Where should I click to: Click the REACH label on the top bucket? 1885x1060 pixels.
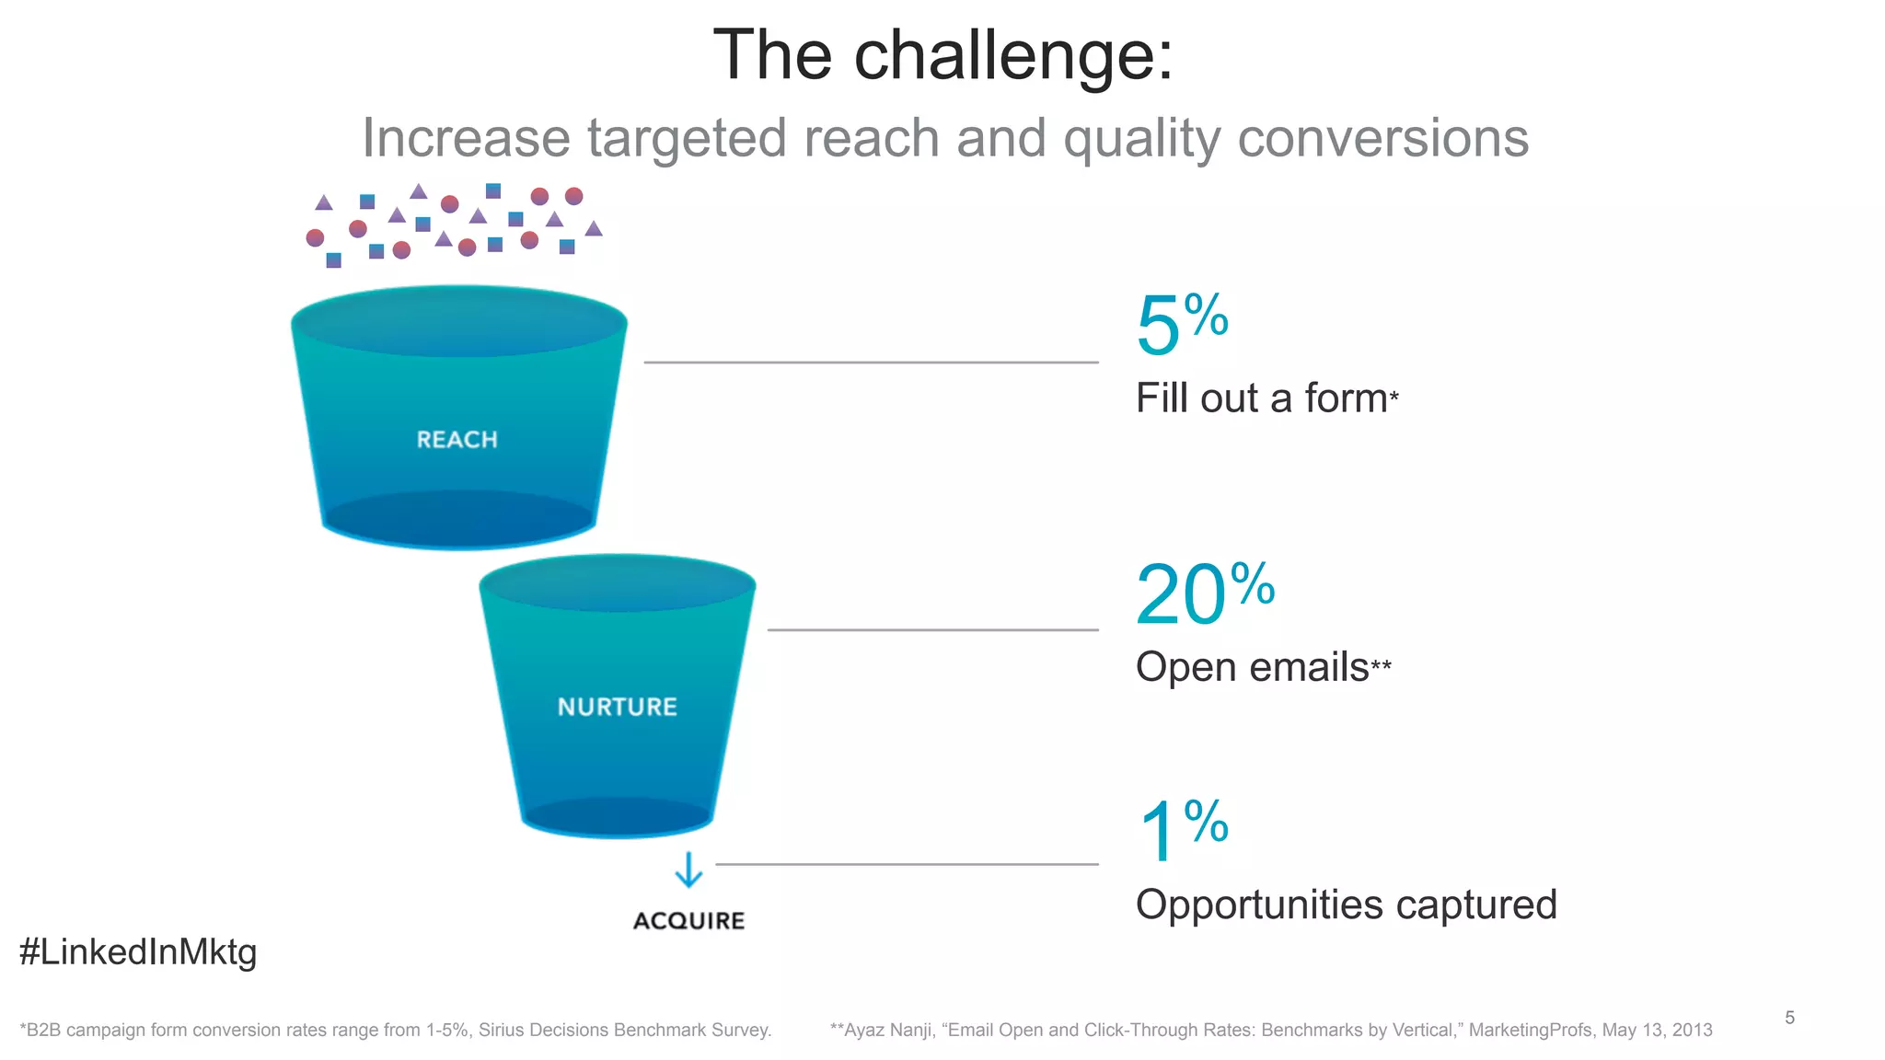pos(457,440)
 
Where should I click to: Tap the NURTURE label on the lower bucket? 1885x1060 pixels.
pos(617,707)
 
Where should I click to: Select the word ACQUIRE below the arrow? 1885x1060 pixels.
pos(688,921)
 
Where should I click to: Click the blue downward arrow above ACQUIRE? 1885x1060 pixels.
pos(688,870)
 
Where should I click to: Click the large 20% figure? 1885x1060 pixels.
pos(1204,594)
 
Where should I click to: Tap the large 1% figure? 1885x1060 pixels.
pos(1181,830)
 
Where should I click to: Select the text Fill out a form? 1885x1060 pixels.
pos(1261,398)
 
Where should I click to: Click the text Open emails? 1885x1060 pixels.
pos(1252,667)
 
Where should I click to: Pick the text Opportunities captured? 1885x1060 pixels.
pos(1346,904)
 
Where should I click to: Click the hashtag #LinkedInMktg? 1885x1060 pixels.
pos(138,951)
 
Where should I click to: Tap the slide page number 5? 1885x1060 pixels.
pos(1789,1018)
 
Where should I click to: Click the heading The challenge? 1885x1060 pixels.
pos(942,55)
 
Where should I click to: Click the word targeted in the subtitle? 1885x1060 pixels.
pos(687,138)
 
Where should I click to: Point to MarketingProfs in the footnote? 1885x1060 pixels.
pos(1530,1031)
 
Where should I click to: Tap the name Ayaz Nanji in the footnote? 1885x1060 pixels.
pos(887,1031)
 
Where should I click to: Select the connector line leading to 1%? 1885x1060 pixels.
pos(907,864)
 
